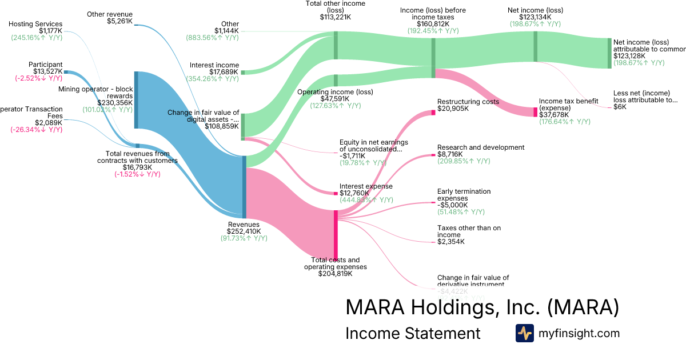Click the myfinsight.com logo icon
(x=524, y=333)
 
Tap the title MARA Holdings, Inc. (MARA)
(x=482, y=307)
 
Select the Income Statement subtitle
(x=413, y=333)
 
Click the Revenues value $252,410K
(x=244, y=231)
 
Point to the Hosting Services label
(x=35, y=24)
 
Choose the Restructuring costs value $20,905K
(x=452, y=109)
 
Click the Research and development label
(x=480, y=147)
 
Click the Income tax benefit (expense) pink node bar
(x=536, y=112)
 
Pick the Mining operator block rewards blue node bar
(x=136, y=100)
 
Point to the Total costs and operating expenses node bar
(x=336, y=234)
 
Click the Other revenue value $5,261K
(x=119, y=21)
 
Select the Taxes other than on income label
(x=469, y=231)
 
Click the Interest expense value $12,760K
(x=354, y=193)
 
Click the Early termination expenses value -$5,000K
(x=453, y=205)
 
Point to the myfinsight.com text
(x=579, y=333)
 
